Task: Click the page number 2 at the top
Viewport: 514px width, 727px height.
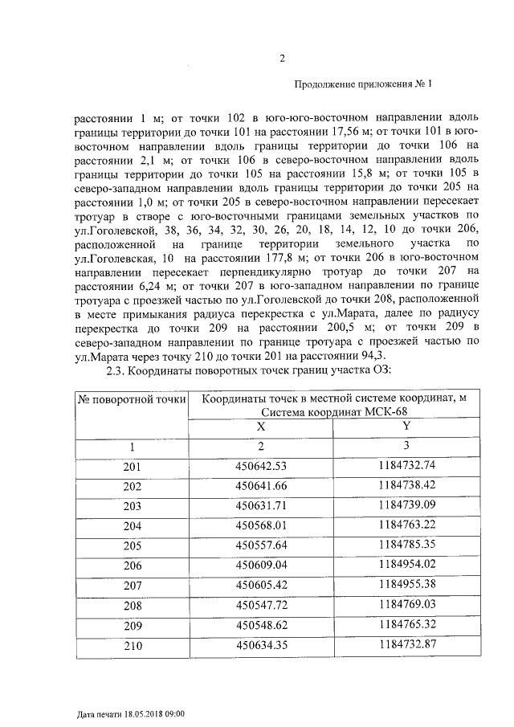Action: point(282,57)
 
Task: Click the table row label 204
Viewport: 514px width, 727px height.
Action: point(132,525)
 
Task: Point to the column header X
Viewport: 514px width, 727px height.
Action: point(260,427)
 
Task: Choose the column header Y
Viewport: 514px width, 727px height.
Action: point(406,427)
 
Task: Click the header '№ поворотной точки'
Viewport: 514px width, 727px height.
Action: point(131,398)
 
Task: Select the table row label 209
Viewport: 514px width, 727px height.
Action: point(132,623)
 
